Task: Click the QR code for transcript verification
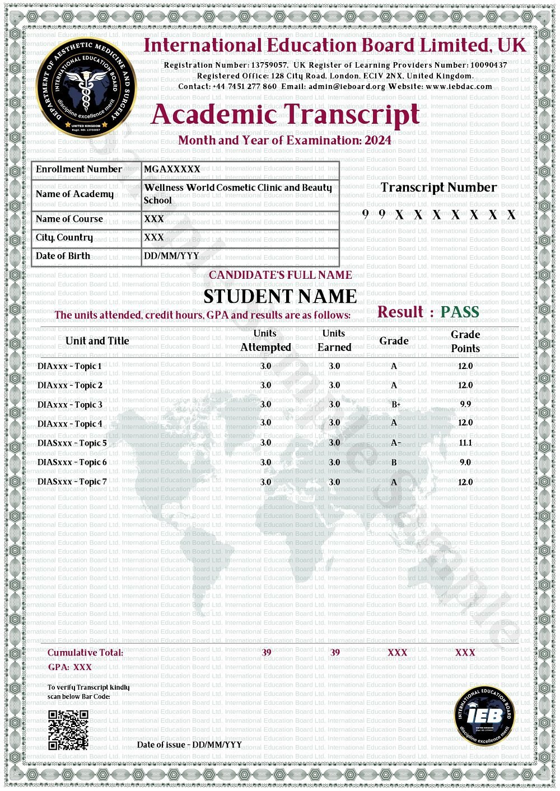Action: coord(68,730)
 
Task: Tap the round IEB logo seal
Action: coord(484,716)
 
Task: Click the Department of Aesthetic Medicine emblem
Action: coord(86,87)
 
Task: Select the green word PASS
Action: coord(459,312)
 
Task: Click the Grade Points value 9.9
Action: coord(465,404)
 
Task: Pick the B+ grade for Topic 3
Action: coord(395,404)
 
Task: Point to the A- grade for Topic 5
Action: coord(395,443)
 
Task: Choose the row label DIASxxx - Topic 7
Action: coord(72,481)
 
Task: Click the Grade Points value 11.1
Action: coord(465,443)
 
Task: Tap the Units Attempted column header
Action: coord(265,340)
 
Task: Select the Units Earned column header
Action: coord(334,340)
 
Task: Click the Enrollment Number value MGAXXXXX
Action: coord(172,169)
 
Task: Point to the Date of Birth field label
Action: coord(63,256)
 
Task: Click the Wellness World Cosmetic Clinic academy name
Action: coord(237,194)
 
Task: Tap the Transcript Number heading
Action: coord(438,188)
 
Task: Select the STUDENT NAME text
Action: coord(279,296)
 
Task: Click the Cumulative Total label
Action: coord(85,653)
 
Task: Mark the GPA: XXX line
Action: coord(69,667)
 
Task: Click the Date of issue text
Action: coord(189,745)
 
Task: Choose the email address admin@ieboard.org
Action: coord(347,87)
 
